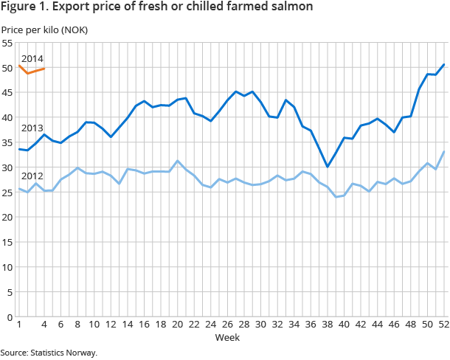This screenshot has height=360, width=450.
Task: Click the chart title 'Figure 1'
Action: tap(156, 7)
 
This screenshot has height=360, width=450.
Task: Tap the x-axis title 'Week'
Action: tap(226, 337)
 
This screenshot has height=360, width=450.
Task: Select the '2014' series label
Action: tap(32, 58)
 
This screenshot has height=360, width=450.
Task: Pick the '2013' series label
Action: tap(32, 128)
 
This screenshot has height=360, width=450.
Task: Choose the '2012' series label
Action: tap(32, 176)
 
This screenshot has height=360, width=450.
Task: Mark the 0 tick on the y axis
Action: tap(10, 317)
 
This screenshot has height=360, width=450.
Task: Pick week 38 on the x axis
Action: tap(327, 325)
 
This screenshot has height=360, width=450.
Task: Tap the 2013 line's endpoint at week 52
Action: tap(443, 64)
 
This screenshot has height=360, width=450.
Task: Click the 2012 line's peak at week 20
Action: tap(177, 161)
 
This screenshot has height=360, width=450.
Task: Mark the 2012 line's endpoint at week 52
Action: tap(443, 152)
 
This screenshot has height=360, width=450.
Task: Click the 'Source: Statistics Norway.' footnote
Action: tap(49, 353)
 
